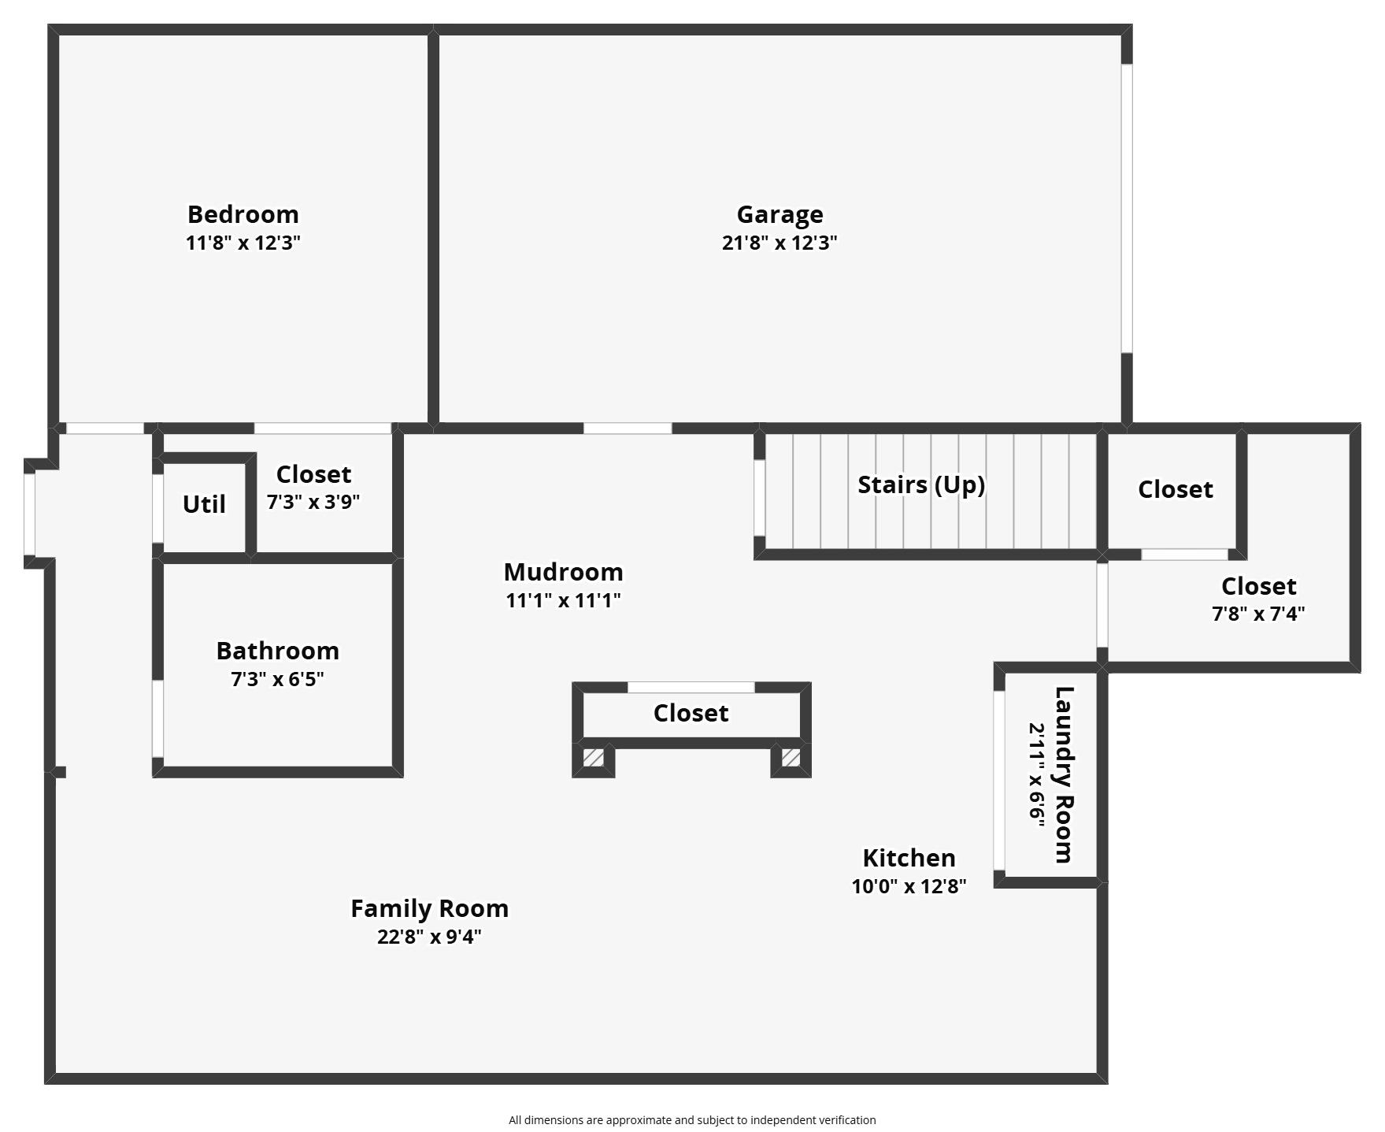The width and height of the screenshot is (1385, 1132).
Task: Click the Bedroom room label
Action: pos(243,214)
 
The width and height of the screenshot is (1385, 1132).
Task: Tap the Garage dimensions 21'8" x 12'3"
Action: pos(780,243)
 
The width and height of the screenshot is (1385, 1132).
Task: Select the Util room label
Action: pos(204,504)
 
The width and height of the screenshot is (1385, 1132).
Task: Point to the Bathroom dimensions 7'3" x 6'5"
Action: pos(277,679)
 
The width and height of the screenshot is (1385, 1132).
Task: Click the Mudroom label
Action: pos(563,572)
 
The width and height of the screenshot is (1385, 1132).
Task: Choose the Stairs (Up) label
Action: pos(921,484)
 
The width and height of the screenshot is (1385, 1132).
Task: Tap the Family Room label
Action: pos(429,909)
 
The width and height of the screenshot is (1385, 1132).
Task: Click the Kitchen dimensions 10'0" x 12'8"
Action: pos(909,886)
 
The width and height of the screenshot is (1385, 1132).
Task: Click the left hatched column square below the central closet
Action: pos(594,758)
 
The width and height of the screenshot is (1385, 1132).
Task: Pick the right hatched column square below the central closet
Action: pos(791,758)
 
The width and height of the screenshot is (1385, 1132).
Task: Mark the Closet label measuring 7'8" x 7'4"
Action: pos(1258,586)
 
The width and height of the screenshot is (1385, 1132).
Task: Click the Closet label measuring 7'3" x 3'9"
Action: pos(313,474)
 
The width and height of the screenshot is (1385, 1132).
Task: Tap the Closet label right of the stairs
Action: pos(1175,489)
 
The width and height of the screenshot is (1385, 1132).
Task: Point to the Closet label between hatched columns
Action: pos(691,713)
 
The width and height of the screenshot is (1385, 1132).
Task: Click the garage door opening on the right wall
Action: pos(1127,208)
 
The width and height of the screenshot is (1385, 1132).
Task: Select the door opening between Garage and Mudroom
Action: pos(628,429)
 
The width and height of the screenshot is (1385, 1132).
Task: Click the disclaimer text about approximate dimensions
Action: pos(692,1120)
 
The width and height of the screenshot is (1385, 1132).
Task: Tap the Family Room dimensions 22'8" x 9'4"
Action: pos(429,937)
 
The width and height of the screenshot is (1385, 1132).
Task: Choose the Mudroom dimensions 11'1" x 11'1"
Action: pos(563,600)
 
